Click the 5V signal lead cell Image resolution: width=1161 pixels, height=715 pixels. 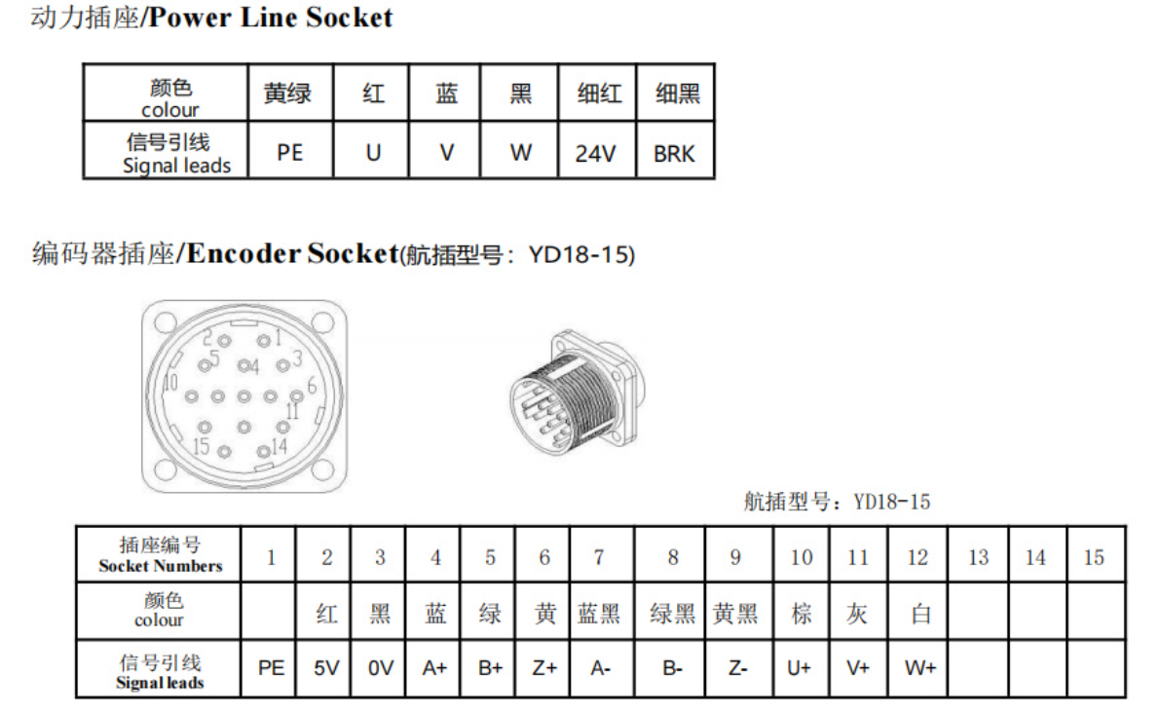pos(325,668)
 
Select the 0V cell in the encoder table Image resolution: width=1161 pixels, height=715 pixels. pos(381,668)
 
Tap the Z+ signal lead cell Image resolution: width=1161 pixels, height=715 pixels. pos(544,668)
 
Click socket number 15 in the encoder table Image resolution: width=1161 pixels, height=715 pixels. pos(1094,557)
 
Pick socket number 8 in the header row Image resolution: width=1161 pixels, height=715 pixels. pos(673,557)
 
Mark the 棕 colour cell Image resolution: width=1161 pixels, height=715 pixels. pos(802,614)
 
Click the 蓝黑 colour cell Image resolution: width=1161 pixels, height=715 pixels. pos(599,614)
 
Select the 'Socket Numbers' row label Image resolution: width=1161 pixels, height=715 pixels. pos(161,566)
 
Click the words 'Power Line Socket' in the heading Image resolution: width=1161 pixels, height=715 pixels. pos(270,17)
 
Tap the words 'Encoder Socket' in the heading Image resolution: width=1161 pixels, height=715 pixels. pos(292,253)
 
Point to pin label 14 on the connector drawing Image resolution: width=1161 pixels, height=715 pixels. pos(279,445)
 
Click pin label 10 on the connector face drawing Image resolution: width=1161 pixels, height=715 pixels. pos(170,382)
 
